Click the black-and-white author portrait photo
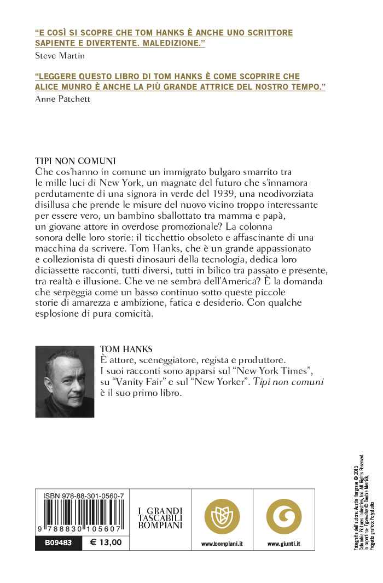point(65,381)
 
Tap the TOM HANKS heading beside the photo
point(126,349)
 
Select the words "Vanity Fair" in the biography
point(143,382)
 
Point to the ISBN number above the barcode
point(83,495)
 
